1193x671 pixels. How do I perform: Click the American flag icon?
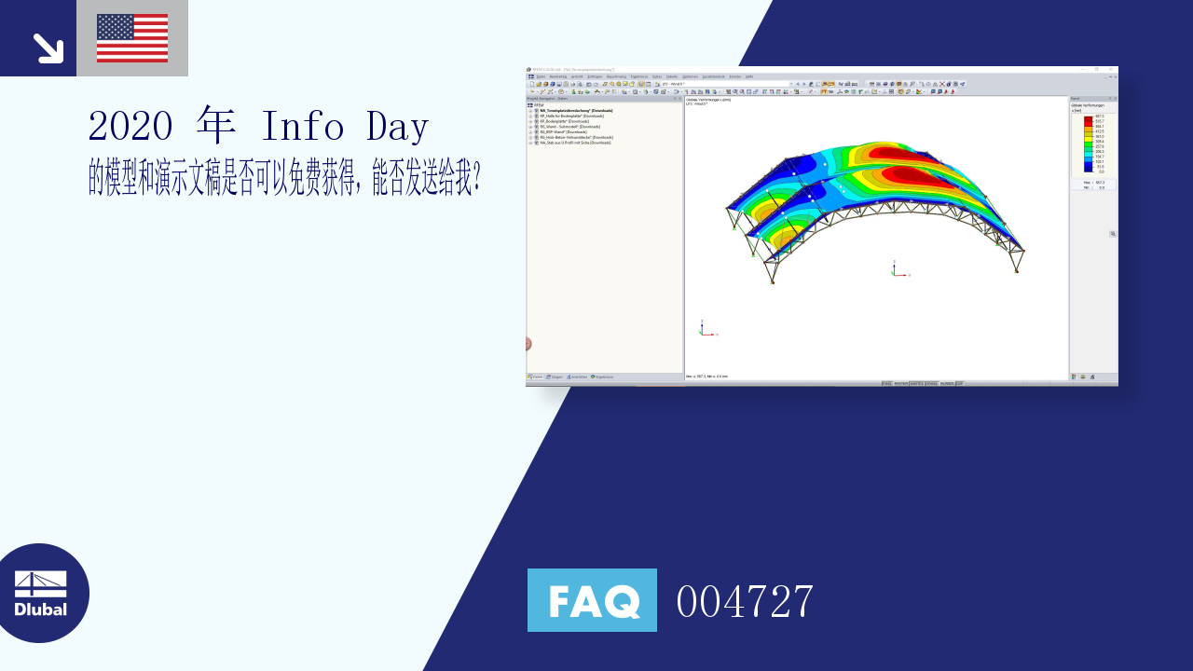(x=132, y=38)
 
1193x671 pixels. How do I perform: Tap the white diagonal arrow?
(x=48, y=48)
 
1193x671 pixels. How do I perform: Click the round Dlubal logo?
(x=41, y=593)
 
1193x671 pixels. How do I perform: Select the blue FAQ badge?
(x=592, y=600)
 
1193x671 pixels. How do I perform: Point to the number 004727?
(x=745, y=601)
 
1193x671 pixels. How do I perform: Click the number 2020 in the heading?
(x=132, y=127)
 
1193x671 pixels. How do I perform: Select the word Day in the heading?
(x=398, y=127)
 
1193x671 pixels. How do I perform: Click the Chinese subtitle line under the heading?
(x=284, y=176)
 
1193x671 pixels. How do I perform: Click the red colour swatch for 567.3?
(x=1088, y=117)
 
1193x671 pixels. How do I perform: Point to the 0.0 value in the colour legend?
(x=1101, y=171)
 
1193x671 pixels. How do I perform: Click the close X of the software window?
(x=1111, y=69)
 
